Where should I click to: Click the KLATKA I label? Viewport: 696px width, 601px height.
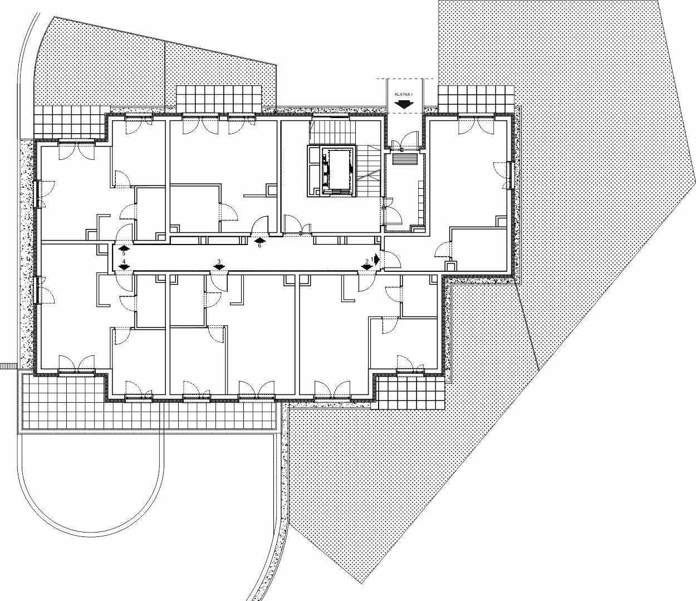403,95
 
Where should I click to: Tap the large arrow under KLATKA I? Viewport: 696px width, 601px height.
403,104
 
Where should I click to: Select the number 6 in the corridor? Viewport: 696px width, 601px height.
259,246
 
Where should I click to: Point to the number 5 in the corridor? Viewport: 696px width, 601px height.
124,253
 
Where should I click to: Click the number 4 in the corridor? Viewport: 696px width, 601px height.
124,261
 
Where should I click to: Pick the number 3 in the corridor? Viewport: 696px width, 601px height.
219,261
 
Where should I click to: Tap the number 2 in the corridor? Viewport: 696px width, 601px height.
367,261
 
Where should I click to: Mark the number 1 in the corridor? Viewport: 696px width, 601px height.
372,259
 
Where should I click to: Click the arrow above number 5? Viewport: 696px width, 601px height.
124,248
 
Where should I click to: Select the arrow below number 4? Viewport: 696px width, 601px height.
124,267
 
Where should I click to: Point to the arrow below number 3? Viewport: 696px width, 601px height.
219,267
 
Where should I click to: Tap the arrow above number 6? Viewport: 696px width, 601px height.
259,240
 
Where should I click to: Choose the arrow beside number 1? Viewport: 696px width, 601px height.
377,259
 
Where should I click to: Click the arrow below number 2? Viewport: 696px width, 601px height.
367,267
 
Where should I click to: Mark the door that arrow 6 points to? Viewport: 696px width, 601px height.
260,226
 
